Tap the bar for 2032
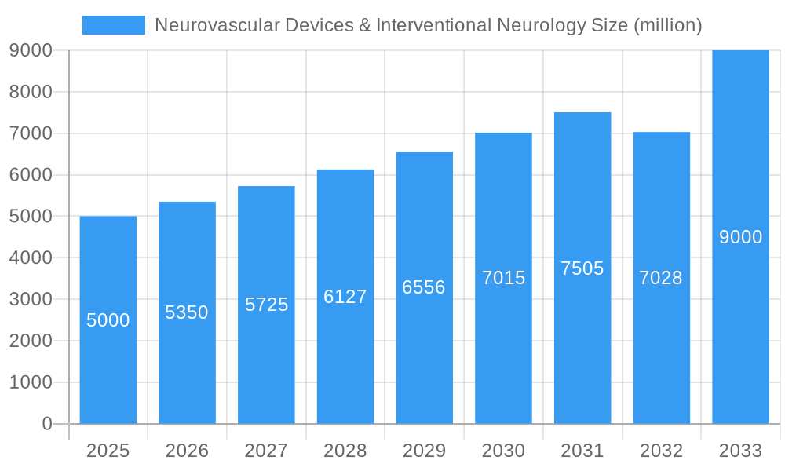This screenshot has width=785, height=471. click(661, 353)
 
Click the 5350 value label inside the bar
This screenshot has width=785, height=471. click(187, 312)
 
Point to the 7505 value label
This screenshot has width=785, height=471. click(582, 268)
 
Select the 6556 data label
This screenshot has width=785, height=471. click(424, 287)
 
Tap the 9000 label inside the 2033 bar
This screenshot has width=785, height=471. click(740, 237)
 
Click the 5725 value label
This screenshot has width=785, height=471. click(266, 305)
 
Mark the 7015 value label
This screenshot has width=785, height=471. click(503, 278)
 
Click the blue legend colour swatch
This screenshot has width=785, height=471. click(114, 25)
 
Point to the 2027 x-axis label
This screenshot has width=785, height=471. click(266, 451)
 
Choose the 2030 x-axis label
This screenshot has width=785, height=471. click(503, 451)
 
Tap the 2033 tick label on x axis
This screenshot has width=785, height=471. click(740, 451)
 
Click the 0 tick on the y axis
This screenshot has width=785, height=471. click(46, 424)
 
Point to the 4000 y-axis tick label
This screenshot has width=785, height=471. click(31, 257)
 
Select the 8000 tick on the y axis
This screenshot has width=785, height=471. click(31, 92)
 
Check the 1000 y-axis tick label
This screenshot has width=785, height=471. click(31, 382)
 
